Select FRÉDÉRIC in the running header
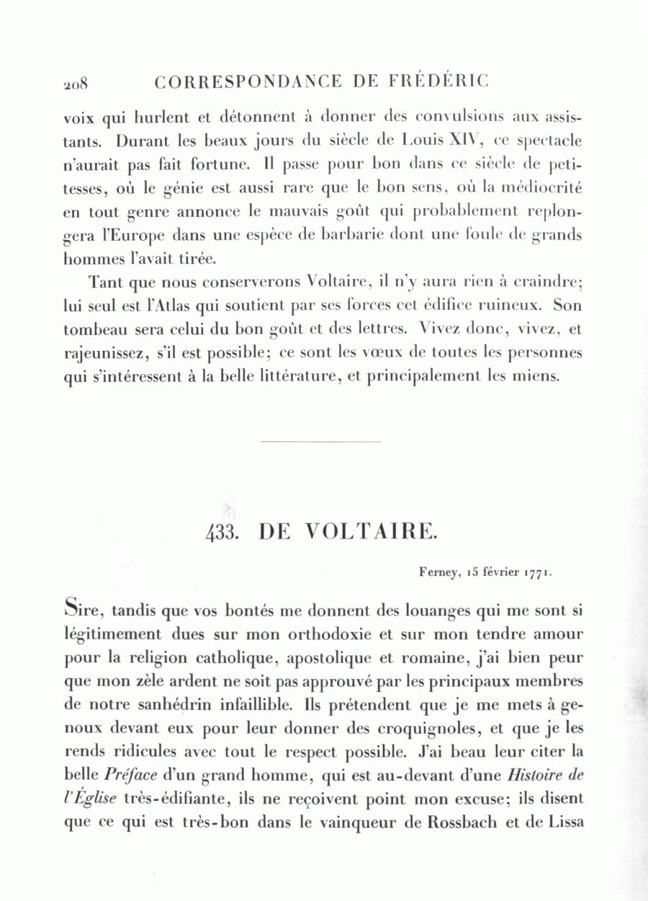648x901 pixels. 438,81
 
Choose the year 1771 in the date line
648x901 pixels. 538,573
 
